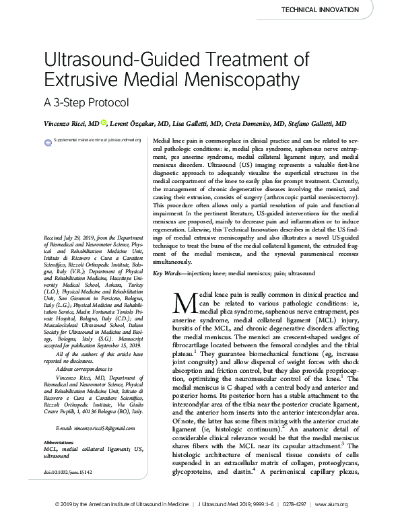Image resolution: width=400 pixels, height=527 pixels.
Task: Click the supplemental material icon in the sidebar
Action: click(x=48, y=141)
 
